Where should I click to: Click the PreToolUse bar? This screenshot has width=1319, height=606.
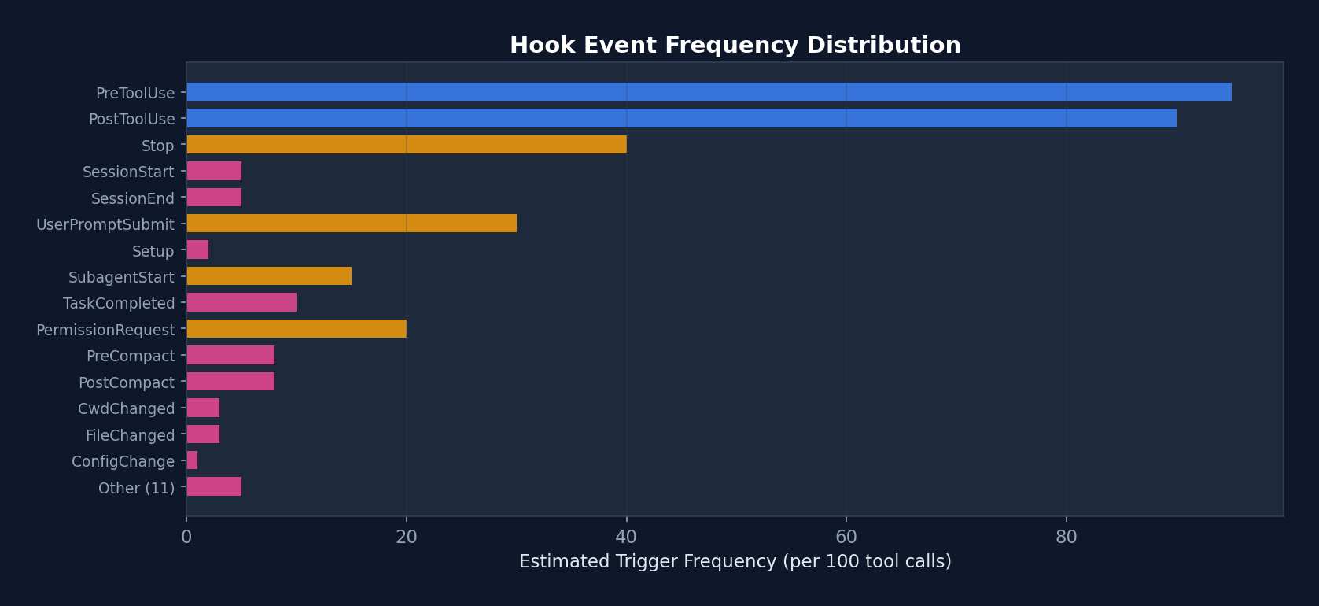point(709,92)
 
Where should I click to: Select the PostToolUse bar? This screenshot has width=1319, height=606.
point(681,118)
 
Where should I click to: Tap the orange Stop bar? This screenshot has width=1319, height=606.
point(407,145)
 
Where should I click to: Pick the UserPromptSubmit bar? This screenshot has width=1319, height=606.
point(352,224)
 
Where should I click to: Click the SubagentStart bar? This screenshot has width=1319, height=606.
point(269,276)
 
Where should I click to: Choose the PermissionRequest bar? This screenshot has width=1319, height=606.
point(297,329)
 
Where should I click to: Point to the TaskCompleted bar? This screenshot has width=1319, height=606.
point(241,302)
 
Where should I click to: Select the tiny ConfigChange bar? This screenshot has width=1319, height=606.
point(192,460)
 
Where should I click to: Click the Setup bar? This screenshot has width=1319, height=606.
point(197,250)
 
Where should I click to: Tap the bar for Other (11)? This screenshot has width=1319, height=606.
point(214,486)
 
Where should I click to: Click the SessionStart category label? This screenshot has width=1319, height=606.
point(128,172)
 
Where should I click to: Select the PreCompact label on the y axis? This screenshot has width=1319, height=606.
point(131,356)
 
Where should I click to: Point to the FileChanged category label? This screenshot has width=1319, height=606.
point(130,435)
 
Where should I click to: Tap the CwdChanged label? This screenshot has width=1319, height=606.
point(126,408)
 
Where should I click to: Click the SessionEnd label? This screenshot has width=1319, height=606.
point(132,198)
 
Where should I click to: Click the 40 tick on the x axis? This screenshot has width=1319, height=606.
point(626,538)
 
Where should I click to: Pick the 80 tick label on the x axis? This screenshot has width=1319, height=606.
point(1066,538)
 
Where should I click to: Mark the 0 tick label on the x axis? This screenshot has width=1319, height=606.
point(186,538)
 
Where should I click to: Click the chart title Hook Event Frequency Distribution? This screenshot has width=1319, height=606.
point(735,46)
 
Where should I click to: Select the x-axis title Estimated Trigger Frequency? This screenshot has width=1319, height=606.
point(735,562)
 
